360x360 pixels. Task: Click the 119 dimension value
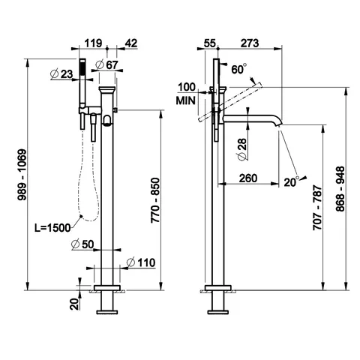(x=93, y=43)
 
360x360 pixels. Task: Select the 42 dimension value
(x=131, y=43)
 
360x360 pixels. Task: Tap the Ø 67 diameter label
(x=106, y=65)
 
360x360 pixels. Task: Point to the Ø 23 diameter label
(x=61, y=74)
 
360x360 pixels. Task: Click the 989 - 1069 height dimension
(x=22, y=175)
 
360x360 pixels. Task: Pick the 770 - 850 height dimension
(x=155, y=200)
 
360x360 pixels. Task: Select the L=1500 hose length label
(x=52, y=228)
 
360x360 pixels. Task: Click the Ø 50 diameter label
(x=82, y=244)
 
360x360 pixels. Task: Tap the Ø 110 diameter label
(x=141, y=262)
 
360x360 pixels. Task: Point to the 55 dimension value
(x=209, y=43)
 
